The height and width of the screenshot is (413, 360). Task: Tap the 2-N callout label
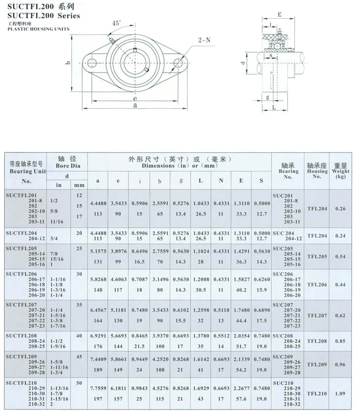pyautogui.click(x=204, y=40)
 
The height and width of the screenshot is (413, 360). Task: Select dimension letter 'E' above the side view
pyautogui.click(x=280, y=15)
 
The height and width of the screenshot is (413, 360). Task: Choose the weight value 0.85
pyautogui.click(x=341, y=340)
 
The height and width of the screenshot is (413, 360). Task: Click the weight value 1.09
pyautogui.click(x=341, y=394)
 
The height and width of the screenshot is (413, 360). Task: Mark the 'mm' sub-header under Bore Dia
pyautogui.click(x=79, y=185)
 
